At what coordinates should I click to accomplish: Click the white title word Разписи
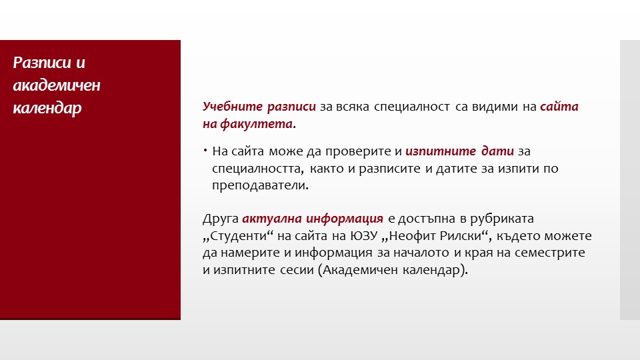pyautogui.click(x=42, y=63)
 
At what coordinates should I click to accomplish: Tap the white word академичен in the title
pyautogui.click(x=57, y=85)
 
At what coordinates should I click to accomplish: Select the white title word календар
pyautogui.click(x=47, y=109)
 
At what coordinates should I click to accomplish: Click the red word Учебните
pyautogui.click(x=233, y=107)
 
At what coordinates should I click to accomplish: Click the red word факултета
pyautogui.click(x=256, y=124)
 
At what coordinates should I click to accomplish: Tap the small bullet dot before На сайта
pyautogui.click(x=205, y=151)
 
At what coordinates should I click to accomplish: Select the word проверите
pyautogui.click(x=358, y=152)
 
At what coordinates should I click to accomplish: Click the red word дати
pyautogui.click(x=497, y=151)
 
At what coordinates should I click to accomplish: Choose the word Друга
pyautogui.click(x=221, y=219)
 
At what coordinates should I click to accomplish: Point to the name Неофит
pyautogui.click(x=411, y=236)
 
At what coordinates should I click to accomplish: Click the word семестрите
pyautogui.click(x=550, y=253)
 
